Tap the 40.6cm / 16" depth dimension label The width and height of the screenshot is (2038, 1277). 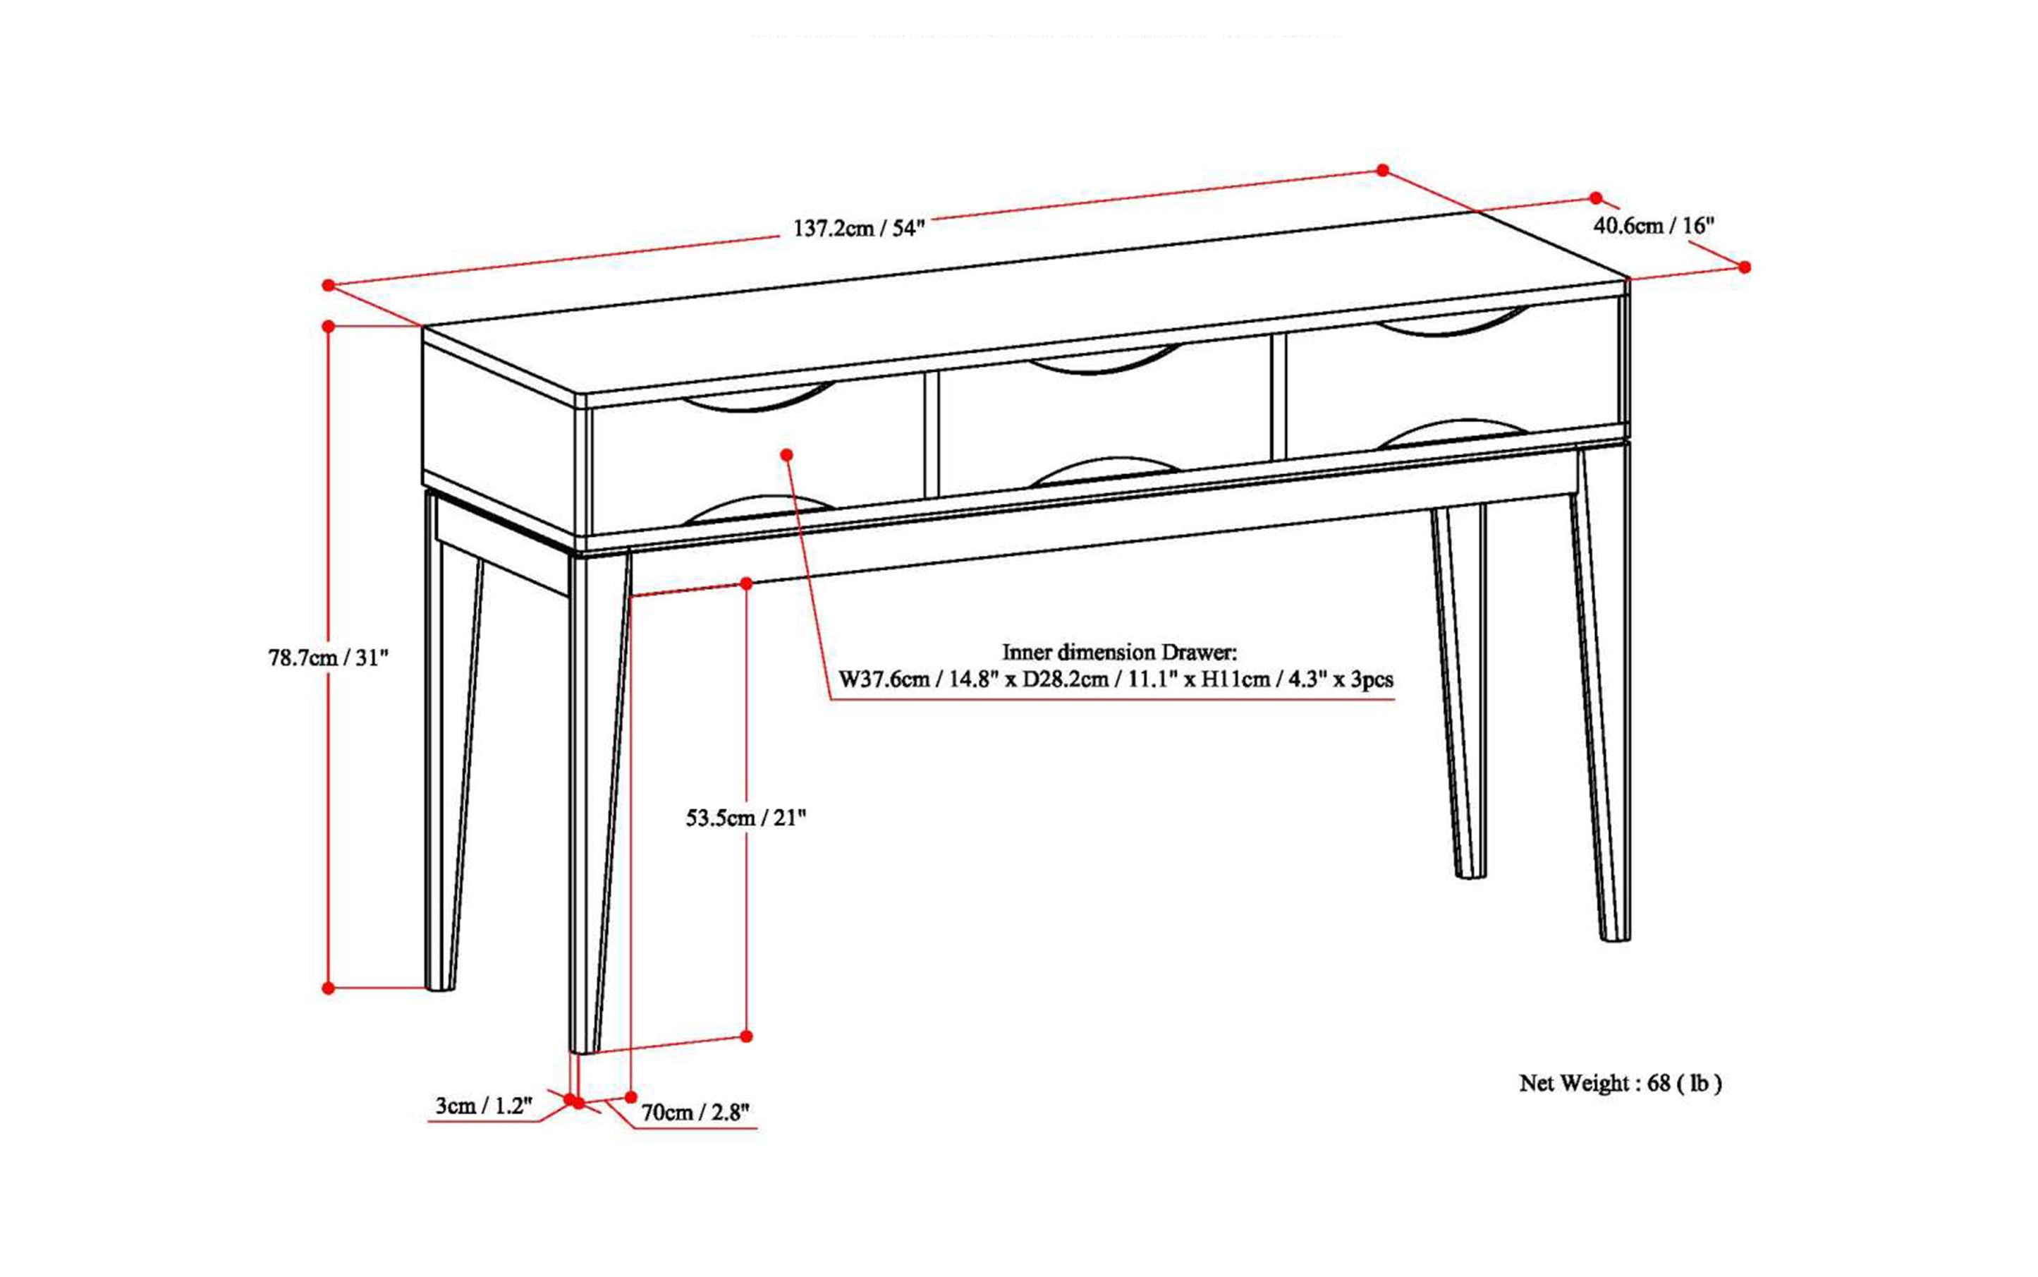tap(1653, 226)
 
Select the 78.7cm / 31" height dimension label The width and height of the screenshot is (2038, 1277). tap(329, 657)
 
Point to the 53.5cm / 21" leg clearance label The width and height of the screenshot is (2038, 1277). tap(745, 818)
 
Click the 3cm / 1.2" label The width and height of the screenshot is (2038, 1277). tap(484, 1106)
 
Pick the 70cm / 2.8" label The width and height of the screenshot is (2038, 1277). tap(695, 1113)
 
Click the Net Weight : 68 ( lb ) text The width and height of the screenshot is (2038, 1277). tap(1620, 1083)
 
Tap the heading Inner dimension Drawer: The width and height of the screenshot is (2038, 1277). tap(1119, 652)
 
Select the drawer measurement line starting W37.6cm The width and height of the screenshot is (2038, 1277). tap(1115, 679)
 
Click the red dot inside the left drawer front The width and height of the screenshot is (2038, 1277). tap(787, 454)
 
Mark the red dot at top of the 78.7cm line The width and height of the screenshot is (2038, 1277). tap(329, 325)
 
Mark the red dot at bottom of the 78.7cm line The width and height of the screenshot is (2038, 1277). tap(329, 987)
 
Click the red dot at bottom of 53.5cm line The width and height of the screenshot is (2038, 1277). tap(746, 1036)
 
